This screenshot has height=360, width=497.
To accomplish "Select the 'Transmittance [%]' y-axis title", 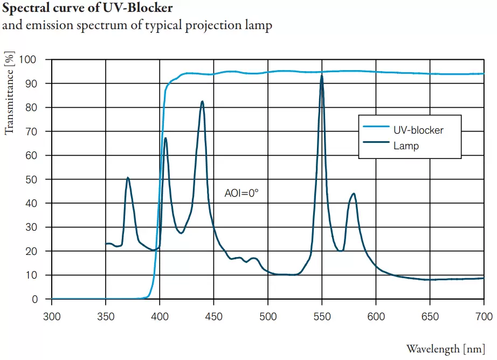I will (x=9, y=93).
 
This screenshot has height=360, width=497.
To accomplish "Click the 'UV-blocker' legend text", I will (x=418, y=130).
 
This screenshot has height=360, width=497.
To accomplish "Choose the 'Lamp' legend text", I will (x=406, y=146).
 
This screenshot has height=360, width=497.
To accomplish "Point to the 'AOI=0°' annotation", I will (x=241, y=192).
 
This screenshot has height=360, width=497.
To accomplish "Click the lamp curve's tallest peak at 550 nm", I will (x=322, y=76).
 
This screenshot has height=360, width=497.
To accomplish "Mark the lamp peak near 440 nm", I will (x=202, y=101).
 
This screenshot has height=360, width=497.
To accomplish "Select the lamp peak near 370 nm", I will (x=128, y=177).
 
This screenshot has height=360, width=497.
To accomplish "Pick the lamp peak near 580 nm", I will (x=354, y=193).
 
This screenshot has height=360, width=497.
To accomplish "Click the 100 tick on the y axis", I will (x=30, y=59).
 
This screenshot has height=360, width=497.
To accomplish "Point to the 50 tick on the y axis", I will (x=32, y=179).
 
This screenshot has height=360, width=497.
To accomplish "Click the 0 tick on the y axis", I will (x=35, y=299).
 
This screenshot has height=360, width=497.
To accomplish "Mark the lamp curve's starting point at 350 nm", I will (x=106, y=244).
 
